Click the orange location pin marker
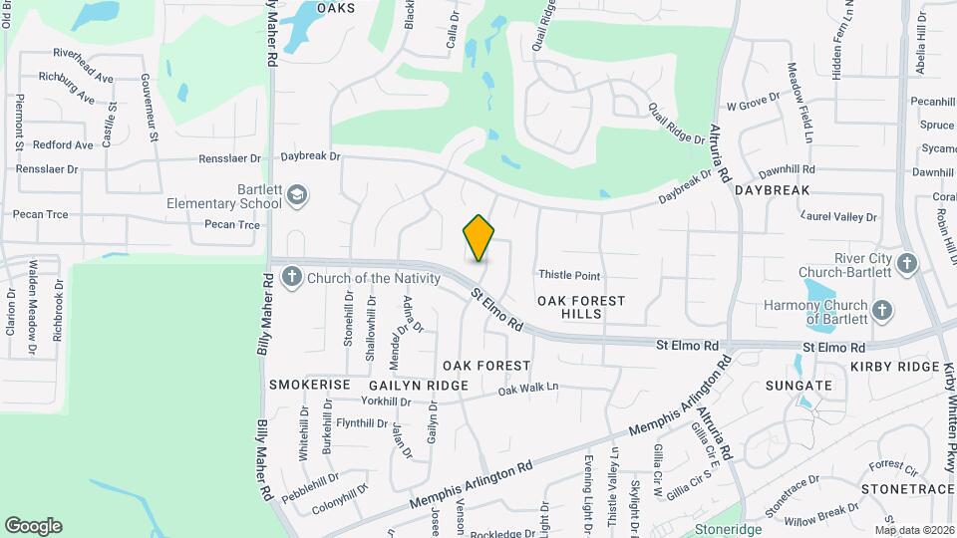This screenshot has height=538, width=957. tap(479, 237)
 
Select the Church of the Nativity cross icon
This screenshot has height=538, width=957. tap(291, 277)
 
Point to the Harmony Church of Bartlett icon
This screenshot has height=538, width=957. tap(881, 311)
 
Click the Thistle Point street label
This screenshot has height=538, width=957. tap(569, 275)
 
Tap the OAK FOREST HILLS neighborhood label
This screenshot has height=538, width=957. tap(581, 307)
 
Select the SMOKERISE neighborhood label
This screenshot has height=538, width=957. tap(310, 385)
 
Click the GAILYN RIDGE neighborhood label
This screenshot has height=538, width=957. tap(419, 386)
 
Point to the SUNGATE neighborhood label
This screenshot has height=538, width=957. tap(798, 386)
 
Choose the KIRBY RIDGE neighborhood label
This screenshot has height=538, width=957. tap(895, 368)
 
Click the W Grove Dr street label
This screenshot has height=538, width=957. tap(753, 104)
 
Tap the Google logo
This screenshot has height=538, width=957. tap(33, 526)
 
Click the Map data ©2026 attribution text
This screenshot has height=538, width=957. tap(914, 530)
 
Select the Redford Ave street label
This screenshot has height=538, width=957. tap(63, 145)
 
